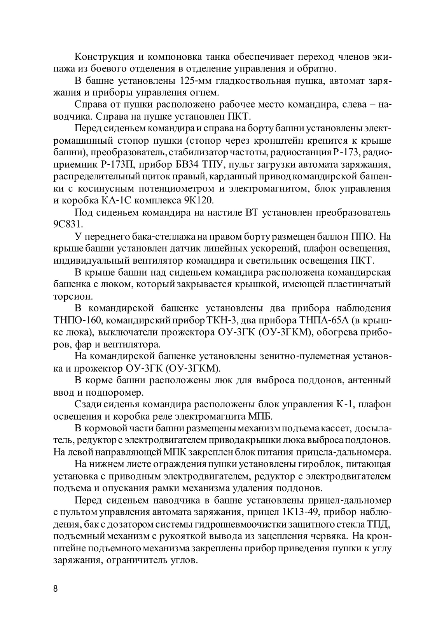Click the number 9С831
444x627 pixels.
point(65,225)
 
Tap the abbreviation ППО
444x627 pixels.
point(364,236)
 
